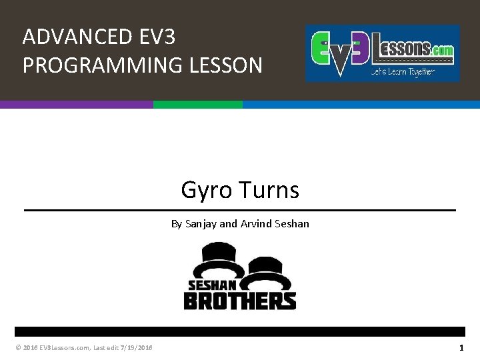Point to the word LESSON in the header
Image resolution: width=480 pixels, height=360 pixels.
point(226,65)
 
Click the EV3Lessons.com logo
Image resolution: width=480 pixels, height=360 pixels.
point(382,53)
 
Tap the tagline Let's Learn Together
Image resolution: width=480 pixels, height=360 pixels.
point(403,72)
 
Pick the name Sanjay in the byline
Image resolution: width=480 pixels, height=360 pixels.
point(201,224)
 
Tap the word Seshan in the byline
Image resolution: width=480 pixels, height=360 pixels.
point(291,224)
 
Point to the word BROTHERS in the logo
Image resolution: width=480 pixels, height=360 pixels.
point(239,301)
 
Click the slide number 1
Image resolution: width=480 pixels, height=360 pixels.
point(461,348)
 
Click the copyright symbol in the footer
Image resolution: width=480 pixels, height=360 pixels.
point(17,348)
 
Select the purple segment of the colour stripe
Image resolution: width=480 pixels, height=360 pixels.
point(77,105)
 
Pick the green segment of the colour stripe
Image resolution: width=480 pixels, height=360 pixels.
point(198,105)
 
